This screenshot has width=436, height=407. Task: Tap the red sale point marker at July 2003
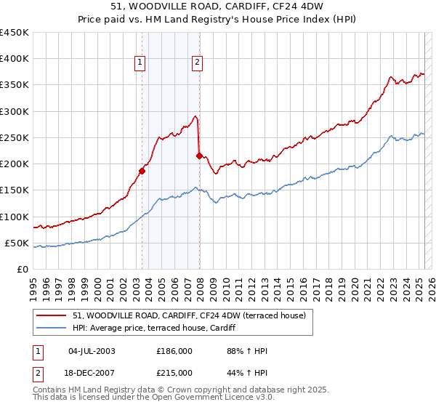coord(142,172)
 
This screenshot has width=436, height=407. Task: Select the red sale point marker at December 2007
coord(199,156)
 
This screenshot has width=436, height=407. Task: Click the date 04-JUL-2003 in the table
coord(92,351)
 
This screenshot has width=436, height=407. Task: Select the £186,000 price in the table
coord(174,351)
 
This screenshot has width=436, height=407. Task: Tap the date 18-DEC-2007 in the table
coord(92,373)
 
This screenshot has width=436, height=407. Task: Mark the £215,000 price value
coord(174,373)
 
